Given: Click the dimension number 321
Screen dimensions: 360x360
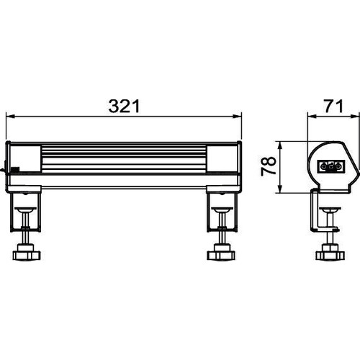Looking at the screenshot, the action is click(x=124, y=107).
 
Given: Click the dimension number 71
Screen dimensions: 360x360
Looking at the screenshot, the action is click(x=334, y=107).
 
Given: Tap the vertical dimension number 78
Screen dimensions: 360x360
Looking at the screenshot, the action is click(x=269, y=166).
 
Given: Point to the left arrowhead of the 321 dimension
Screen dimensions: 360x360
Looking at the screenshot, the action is click(x=11, y=117).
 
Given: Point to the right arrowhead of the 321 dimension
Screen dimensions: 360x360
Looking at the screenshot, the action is click(x=237, y=117).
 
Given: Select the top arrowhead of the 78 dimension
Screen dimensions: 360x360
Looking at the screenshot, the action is click(x=279, y=146).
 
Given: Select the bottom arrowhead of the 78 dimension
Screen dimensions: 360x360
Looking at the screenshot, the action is click(x=279, y=188).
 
